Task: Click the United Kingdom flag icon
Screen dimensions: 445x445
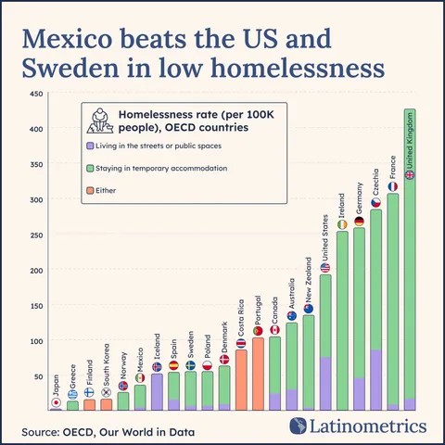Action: click(x=411, y=175)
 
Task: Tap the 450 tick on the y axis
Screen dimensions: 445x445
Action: click(x=37, y=95)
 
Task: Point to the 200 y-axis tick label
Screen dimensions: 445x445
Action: click(x=37, y=271)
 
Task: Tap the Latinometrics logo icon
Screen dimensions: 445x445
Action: click(x=299, y=426)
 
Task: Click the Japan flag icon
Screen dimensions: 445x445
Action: click(x=56, y=403)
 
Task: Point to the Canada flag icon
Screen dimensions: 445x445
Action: click(x=275, y=330)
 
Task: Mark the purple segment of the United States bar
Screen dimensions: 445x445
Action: click(x=325, y=383)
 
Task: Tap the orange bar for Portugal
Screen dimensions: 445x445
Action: click(x=258, y=374)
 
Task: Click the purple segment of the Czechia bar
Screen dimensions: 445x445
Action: click(x=376, y=379)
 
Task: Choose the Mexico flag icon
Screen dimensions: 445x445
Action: click(x=140, y=377)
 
